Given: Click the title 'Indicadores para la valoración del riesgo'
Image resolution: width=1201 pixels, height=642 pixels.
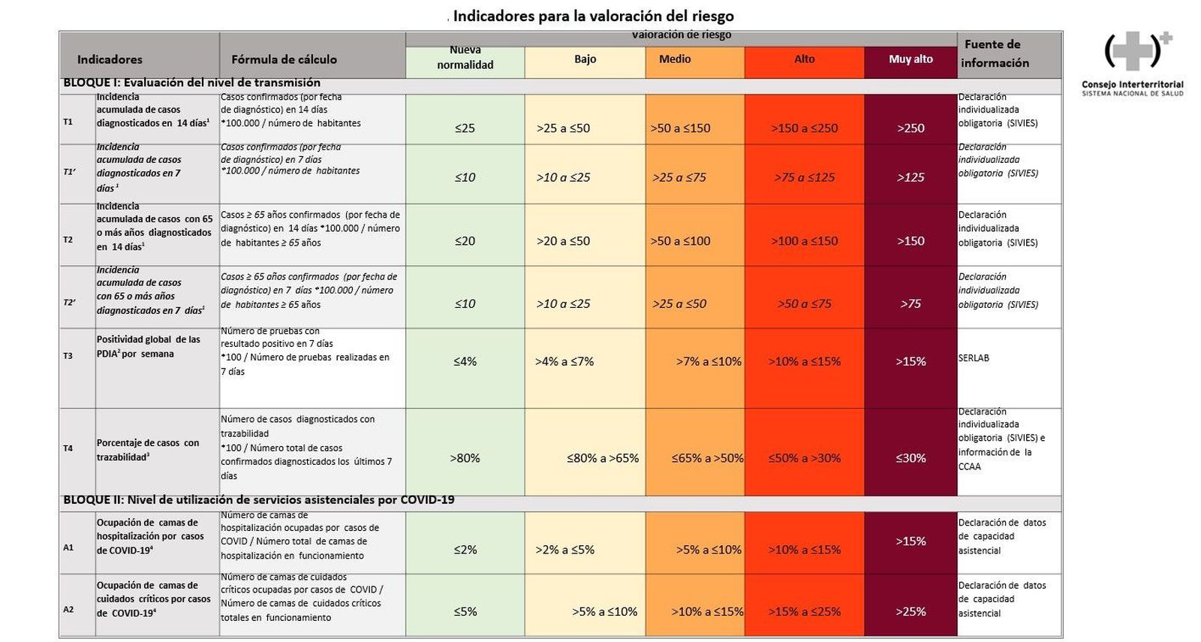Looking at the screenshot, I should pos(593,16).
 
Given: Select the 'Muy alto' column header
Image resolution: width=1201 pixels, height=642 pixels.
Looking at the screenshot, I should pos(911,59).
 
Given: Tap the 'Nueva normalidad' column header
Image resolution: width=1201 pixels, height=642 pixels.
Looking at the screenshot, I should pos(465,58).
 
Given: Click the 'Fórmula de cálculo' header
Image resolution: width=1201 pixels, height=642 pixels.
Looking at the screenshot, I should pos(284,59).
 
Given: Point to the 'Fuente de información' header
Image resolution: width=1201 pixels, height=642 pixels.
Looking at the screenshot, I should pos(994,53).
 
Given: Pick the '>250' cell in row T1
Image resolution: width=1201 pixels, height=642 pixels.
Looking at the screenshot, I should pos(911,128).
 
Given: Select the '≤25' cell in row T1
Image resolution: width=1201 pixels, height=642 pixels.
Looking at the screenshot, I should pos(465,128).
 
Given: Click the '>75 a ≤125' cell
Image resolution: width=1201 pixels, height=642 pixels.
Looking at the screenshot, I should pos(804,178).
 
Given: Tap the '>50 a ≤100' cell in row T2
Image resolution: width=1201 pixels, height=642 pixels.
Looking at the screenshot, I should pos(680,241).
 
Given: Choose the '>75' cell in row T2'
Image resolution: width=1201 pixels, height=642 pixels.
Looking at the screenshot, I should pos(911,304).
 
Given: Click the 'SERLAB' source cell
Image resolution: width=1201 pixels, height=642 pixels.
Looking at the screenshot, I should pos(974,358).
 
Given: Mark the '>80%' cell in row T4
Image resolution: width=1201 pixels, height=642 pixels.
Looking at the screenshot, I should pos(465,458).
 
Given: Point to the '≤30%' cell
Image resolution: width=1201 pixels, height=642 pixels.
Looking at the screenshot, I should pos(911,458).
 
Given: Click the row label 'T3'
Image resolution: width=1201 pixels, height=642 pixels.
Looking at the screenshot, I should pos(68,356).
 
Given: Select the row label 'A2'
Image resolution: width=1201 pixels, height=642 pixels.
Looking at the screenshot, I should pos(68,610).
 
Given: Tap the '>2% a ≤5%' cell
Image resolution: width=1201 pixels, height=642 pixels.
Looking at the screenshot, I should pos(564,550).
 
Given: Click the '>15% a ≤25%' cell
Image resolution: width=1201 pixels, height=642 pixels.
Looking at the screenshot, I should pos(804,612).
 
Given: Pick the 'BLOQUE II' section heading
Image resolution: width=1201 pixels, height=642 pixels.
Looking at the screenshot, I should pos(258,500).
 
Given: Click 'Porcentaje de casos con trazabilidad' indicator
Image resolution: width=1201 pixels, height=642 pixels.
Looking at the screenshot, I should pos(148,450).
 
